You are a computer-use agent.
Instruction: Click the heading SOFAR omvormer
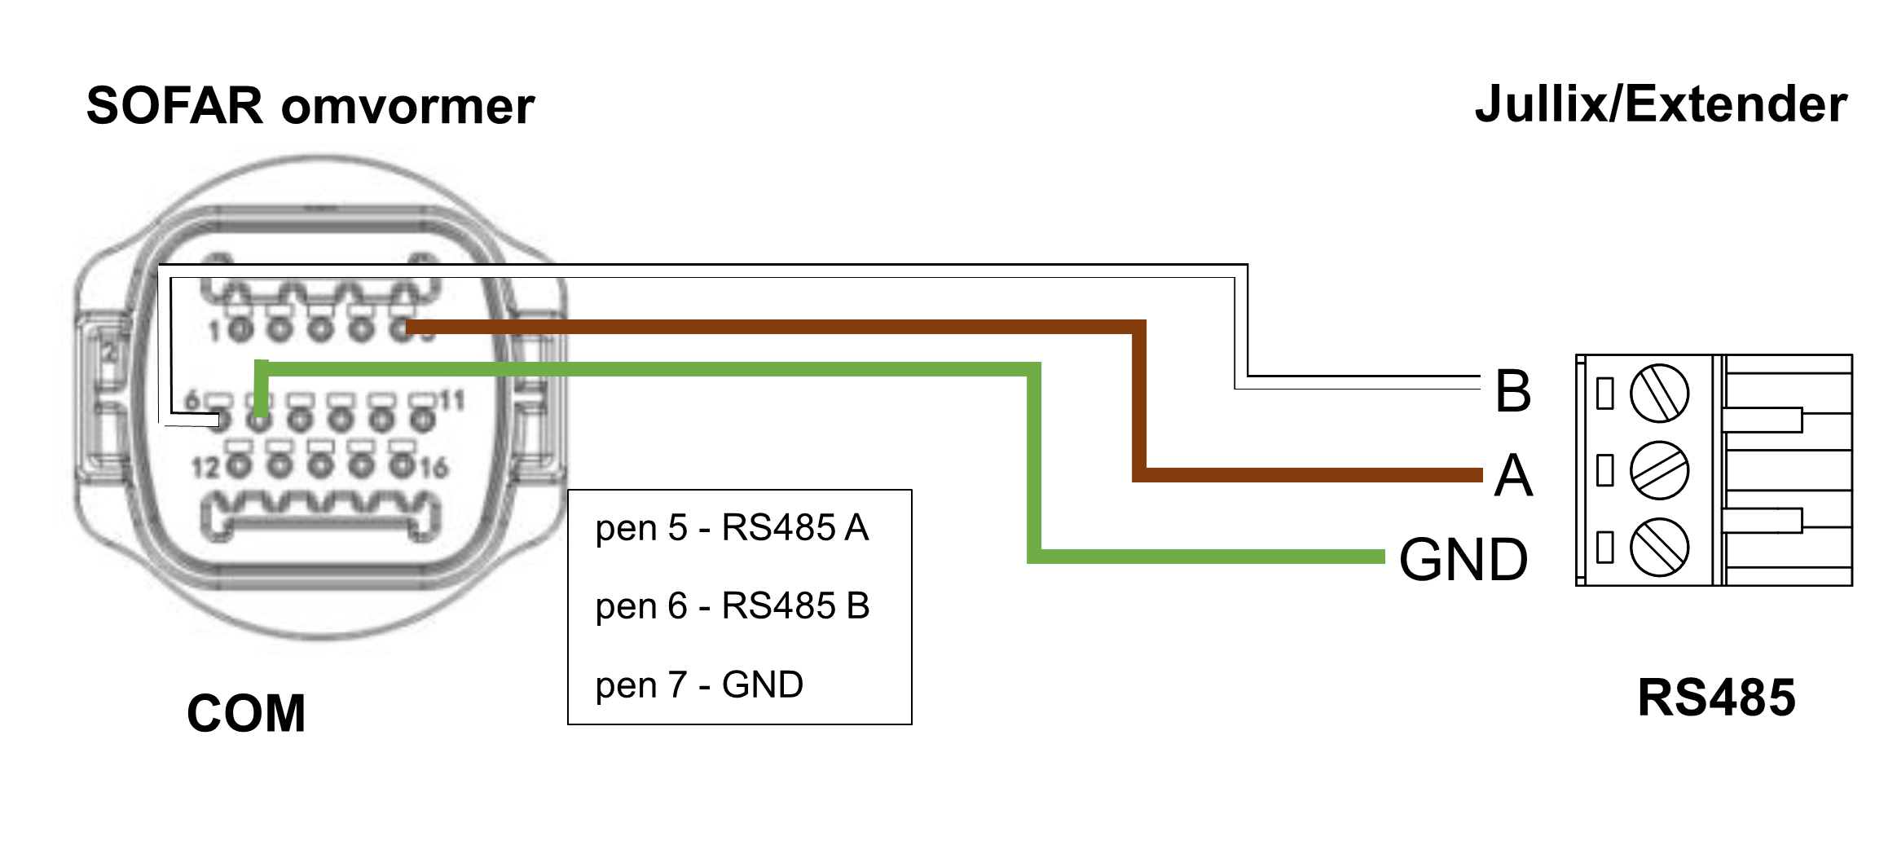pyautogui.click(x=310, y=107)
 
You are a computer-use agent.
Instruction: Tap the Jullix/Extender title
pyautogui.click(x=1661, y=105)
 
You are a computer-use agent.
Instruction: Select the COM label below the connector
pyautogui.click(x=246, y=714)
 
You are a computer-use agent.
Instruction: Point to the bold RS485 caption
pyautogui.click(x=1716, y=698)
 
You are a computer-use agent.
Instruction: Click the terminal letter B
pyautogui.click(x=1513, y=391)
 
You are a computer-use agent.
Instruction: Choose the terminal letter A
pyautogui.click(x=1513, y=476)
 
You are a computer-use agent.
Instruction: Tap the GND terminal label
pyautogui.click(x=1463, y=561)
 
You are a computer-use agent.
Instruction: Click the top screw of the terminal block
pyautogui.click(x=1659, y=394)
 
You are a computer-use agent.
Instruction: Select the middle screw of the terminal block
pyautogui.click(x=1659, y=470)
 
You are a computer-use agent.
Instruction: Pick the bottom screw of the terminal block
pyautogui.click(x=1659, y=547)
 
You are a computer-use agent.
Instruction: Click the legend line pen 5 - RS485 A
pyautogui.click(x=732, y=528)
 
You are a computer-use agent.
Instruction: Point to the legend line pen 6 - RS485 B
pyautogui.click(x=732, y=606)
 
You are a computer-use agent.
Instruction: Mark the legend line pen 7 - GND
pyautogui.click(x=699, y=685)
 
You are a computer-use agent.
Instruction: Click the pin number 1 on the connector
pyautogui.click(x=214, y=332)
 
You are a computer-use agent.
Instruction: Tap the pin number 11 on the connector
pyautogui.click(x=452, y=401)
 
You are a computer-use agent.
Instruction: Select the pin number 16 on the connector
pyautogui.click(x=434, y=468)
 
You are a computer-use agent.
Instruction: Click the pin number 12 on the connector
pyautogui.click(x=205, y=468)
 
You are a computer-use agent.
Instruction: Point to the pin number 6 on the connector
pyautogui.click(x=192, y=401)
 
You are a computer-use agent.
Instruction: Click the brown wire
pyautogui.click(x=774, y=327)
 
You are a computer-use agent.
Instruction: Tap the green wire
pyautogui.click(x=652, y=369)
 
